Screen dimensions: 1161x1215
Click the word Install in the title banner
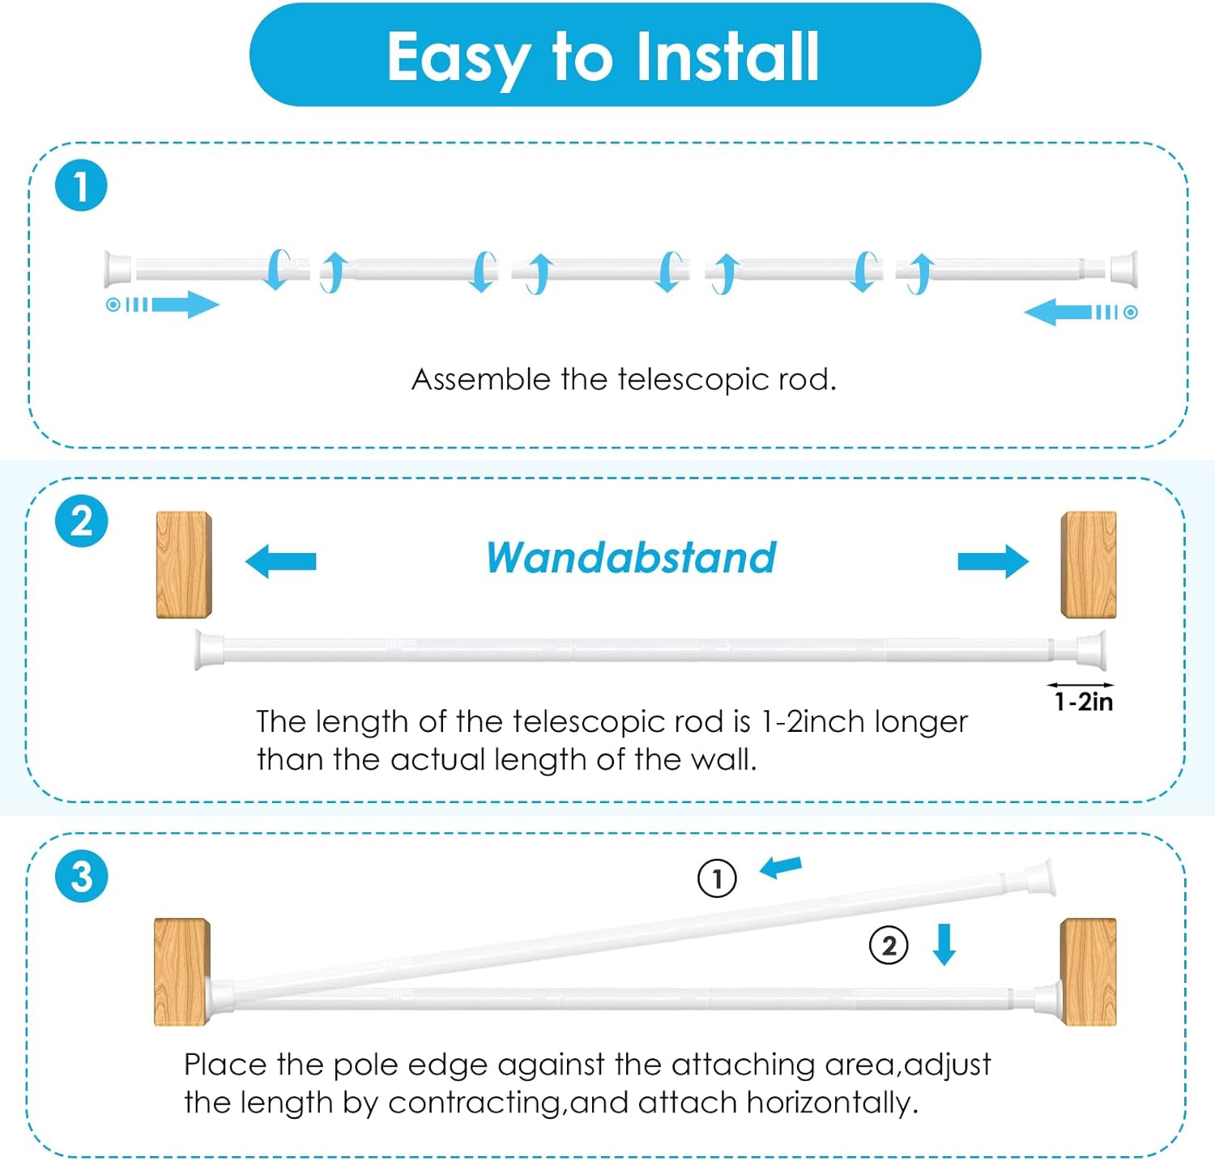[727, 57]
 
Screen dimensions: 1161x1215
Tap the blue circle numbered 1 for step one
[81, 185]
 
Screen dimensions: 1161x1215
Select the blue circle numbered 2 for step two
[81, 521]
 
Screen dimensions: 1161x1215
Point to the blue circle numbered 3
[81, 875]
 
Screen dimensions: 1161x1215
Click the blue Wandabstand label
[631, 558]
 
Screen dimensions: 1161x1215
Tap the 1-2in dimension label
[1084, 701]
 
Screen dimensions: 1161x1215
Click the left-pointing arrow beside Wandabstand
[280, 561]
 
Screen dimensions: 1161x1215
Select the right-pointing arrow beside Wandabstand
[993, 561]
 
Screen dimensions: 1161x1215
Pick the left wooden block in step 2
[184, 564]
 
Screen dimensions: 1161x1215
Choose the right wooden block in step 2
[1089, 564]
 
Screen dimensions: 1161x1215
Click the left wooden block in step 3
[182, 972]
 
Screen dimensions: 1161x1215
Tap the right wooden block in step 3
[1089, 972]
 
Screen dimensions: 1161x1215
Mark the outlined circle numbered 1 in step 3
[717, 878]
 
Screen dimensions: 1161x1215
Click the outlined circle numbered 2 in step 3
[889, 946]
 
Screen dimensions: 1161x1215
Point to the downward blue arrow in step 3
[944, 945]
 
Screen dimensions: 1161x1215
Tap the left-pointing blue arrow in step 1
[1059, 312]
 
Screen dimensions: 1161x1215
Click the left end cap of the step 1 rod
[118, 269]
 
